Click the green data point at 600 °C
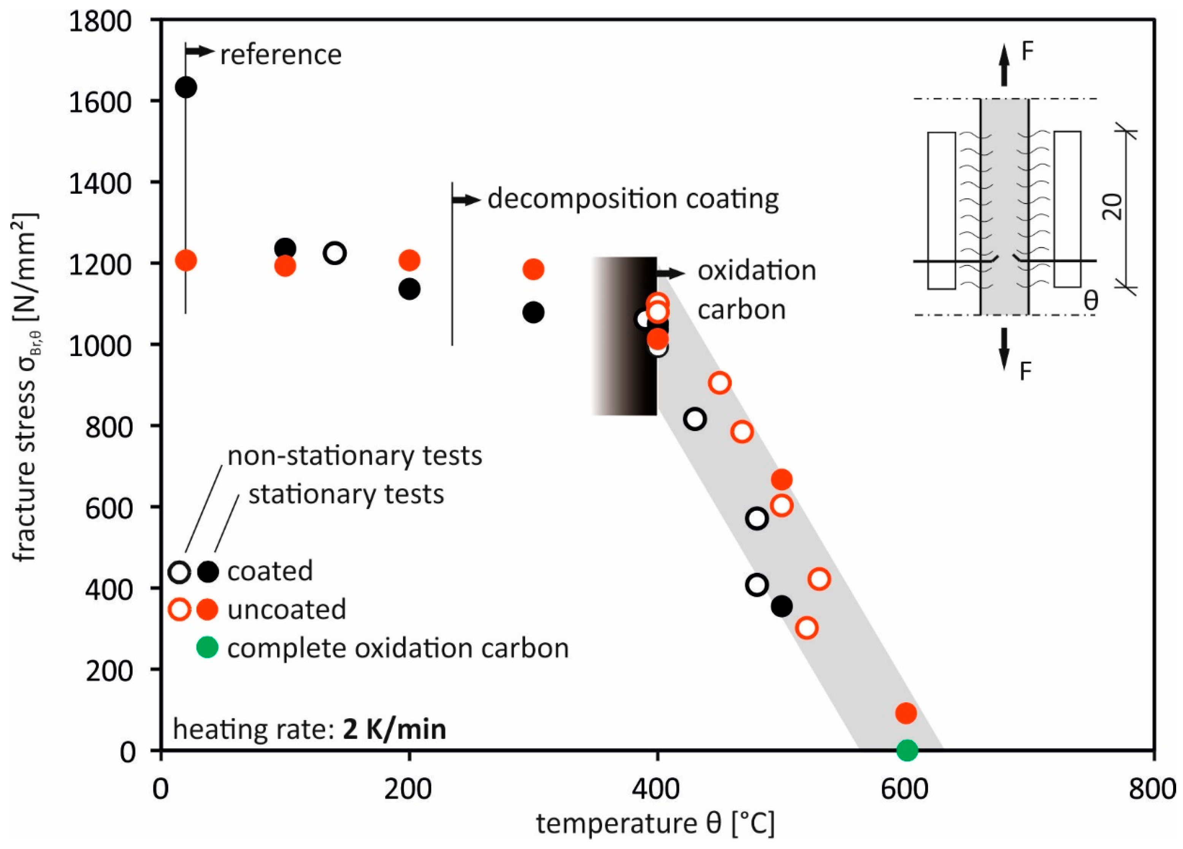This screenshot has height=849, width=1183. pyautogui.click(x=907, y=750)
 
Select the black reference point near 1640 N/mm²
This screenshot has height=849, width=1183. pyautogui.click(x=186, y=87)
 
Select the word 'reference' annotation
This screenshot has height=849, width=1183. pyautogui.click(x=281, y=55)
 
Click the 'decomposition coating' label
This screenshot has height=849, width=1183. pyautogui.click(x=633, y=199)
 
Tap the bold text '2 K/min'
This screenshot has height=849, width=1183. pyautogui.click(x=394, y=729)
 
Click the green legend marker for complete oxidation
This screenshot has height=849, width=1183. pyautogui.click(x=207, y=648)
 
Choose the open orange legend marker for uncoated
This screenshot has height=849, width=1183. pyautogui.click(x=179, y=609)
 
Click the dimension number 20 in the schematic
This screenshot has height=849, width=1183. pyautogui.click(x=1113, y=206)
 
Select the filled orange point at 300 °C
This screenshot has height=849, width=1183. pyautogui.click(x=533, y=269)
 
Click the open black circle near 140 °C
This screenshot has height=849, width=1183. pyautogui.click(x=335, y=253)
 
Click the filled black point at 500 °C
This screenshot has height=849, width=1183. pyautogui.click(x=781, y=606)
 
